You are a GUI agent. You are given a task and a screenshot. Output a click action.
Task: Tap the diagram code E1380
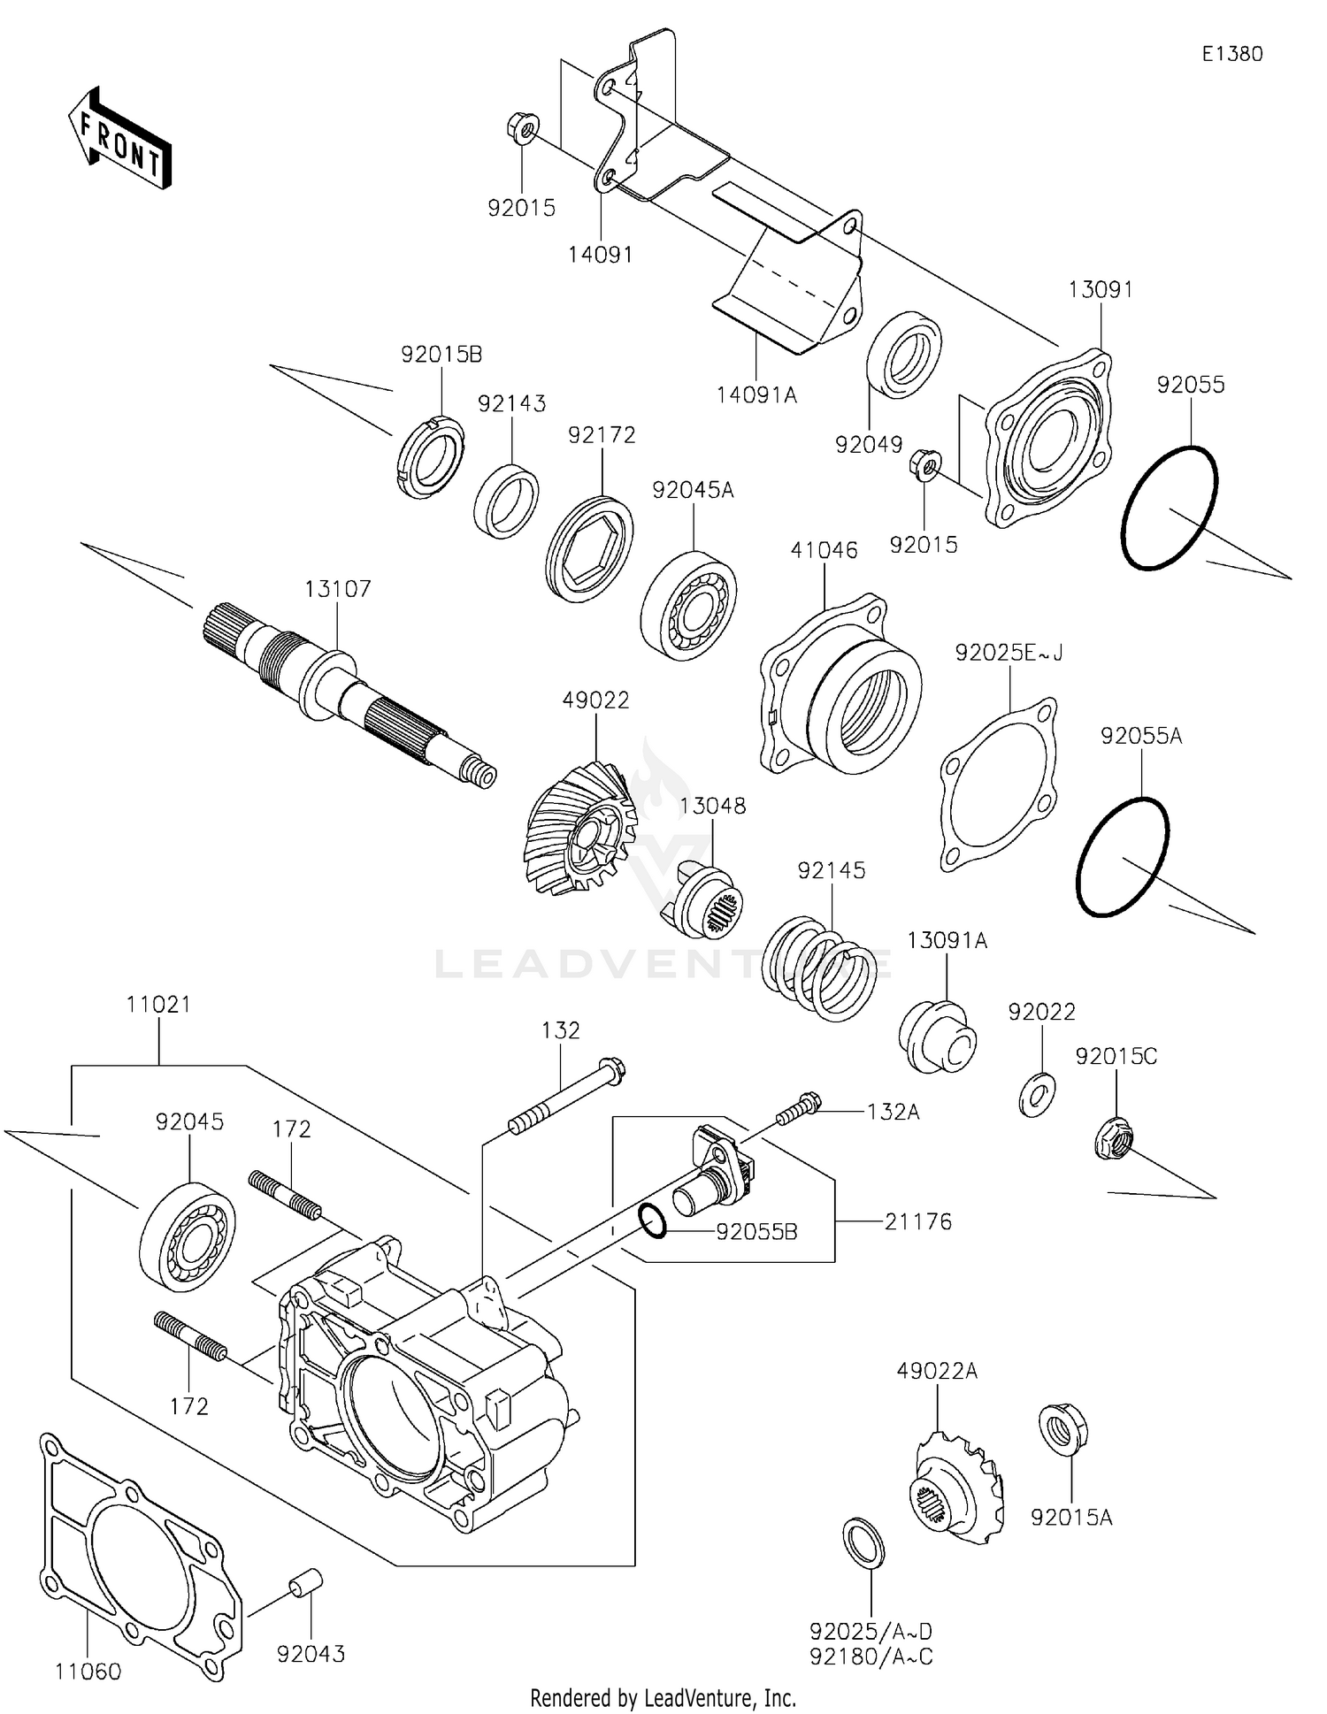[1231, 54]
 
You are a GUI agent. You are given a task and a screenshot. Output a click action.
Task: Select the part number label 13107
[338, 589]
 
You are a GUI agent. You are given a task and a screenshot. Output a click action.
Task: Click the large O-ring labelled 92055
[1169, 509]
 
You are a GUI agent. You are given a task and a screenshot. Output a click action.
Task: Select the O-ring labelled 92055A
[1123, 857]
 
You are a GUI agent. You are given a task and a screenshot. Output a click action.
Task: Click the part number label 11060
[88, 1672]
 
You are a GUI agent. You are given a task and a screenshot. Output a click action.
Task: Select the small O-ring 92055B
[652, 1220]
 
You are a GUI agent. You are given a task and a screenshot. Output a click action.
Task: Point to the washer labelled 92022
[1036, 1093]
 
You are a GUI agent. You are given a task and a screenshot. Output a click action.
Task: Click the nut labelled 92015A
[1062, 1428]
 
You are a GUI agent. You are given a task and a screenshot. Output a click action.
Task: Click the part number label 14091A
[756, 395]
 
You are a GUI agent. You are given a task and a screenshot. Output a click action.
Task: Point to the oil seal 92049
[903, 355]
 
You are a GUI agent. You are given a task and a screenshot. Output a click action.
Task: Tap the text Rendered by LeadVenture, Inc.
[663, 1697]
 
